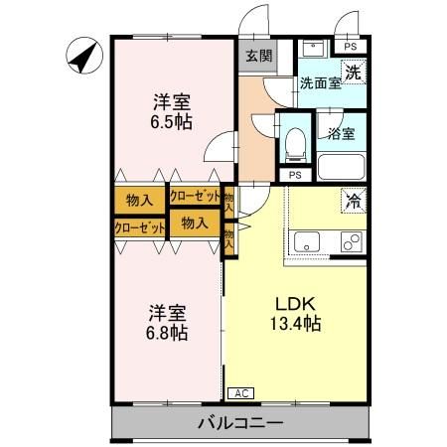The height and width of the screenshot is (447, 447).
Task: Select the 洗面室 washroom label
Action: click(321, 84)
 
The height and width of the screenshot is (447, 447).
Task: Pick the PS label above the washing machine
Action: click(349, 46)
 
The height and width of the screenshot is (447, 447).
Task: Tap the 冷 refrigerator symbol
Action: click(352, 200)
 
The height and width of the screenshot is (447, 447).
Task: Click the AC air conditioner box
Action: click(240, 393)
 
